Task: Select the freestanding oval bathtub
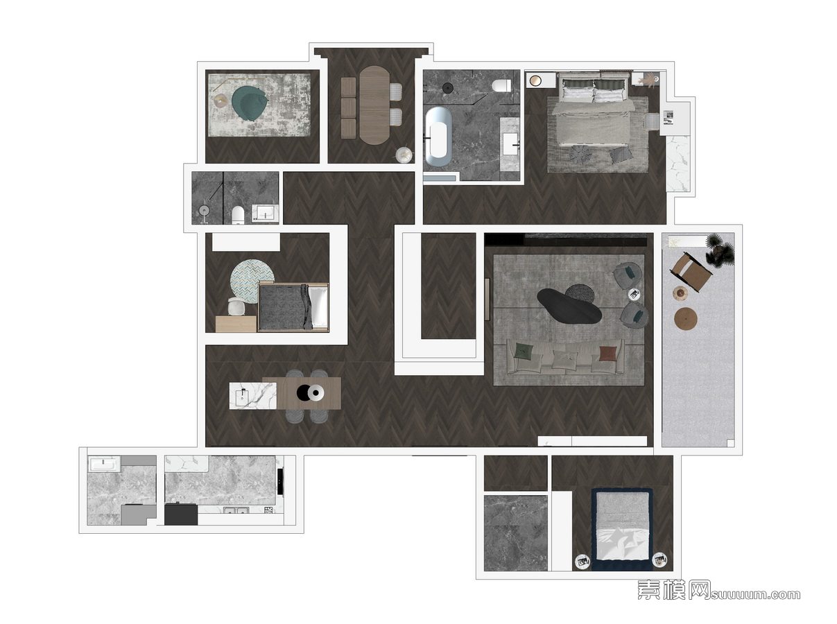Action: [x=438, y=137]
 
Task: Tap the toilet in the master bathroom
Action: [x=501, y=86]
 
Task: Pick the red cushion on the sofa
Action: [x=608, y=353]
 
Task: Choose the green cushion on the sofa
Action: [x=523, y=351]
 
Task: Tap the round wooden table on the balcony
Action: [x=686, y=318]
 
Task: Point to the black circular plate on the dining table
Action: [x=304, y=393]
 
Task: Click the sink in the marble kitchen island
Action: [x=242, y=396]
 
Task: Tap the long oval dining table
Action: [x=375, y=105]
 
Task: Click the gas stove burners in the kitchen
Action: [x=268, y=510]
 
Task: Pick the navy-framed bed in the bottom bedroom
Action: [x=622, y=529]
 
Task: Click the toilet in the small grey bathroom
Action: [x=238, y=214]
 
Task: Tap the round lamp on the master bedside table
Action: [x=535, y=80]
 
